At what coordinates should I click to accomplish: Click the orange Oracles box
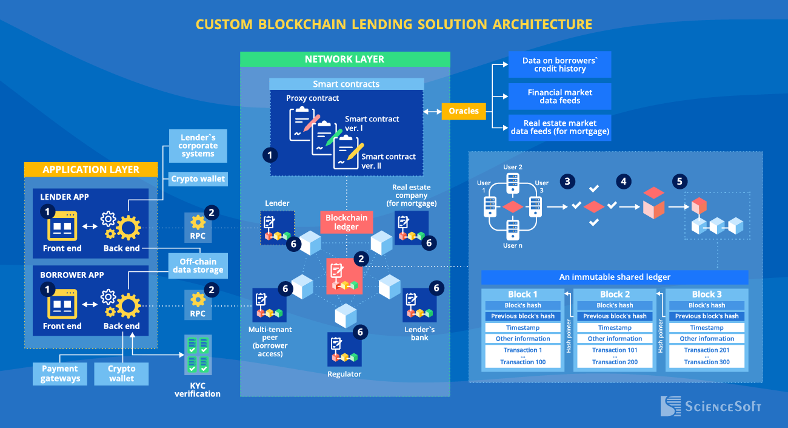tap(464, 111)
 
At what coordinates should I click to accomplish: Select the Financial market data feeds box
tap(559, 97)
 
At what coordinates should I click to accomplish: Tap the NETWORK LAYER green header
tap(345, 59)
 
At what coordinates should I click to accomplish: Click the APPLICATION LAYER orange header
tap(91, 169)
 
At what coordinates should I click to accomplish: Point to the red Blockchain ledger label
tap(346, 222)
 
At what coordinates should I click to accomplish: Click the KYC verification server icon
tap(198, 355)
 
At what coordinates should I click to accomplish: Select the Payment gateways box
tap(59, 373)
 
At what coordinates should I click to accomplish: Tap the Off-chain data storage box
tap(198, 266)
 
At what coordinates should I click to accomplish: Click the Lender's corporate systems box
tap(198, 146)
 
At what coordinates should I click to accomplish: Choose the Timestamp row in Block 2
tap(615, 328)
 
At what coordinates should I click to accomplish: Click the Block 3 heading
tap(707, 294)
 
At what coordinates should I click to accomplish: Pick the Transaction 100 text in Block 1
tap(523, 362)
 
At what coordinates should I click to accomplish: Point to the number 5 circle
tap(679, 181)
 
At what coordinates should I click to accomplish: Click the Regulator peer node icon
tap(344, 349)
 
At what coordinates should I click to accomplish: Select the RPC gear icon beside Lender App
tap(198, 222)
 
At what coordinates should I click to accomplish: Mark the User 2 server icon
tap(512, 181)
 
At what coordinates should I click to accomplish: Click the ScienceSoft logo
tap(710, 406)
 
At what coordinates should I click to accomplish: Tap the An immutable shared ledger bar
tap(615, 277)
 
